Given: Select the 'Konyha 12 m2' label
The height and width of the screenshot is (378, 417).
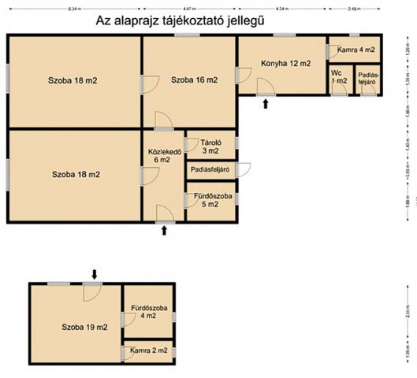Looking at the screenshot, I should click(285, 63).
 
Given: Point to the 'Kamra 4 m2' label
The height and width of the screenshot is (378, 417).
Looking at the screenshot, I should click(356, 50).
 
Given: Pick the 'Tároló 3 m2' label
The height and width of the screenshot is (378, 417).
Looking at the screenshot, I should click(210, 146).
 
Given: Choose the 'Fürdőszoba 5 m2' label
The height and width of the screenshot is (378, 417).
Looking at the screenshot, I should click(211, 199).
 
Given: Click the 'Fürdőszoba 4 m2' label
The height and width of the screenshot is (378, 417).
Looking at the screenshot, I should click(147, 311).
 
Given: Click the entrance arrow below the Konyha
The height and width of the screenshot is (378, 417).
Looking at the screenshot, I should click(266, 103).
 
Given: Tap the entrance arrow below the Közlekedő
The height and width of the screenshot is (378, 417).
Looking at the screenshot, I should click(164, 230).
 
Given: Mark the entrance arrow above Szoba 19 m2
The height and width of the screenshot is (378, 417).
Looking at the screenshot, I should click(95, 274).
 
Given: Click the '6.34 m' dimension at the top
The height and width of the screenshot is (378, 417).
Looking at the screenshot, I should click(75, 9).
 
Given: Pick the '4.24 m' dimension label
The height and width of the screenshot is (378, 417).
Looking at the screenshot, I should click(282, 9).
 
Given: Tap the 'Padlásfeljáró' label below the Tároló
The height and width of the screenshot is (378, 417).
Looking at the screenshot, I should click(210, 169).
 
